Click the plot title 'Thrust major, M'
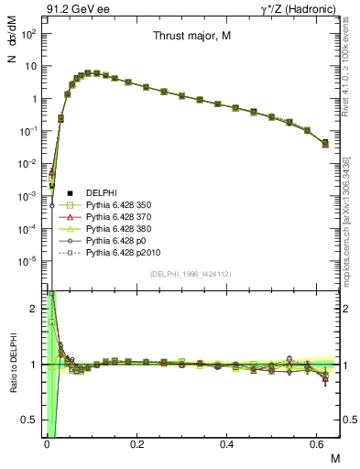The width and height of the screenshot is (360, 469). pos(191,37)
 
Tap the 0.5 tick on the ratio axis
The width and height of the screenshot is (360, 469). pos(32,420)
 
